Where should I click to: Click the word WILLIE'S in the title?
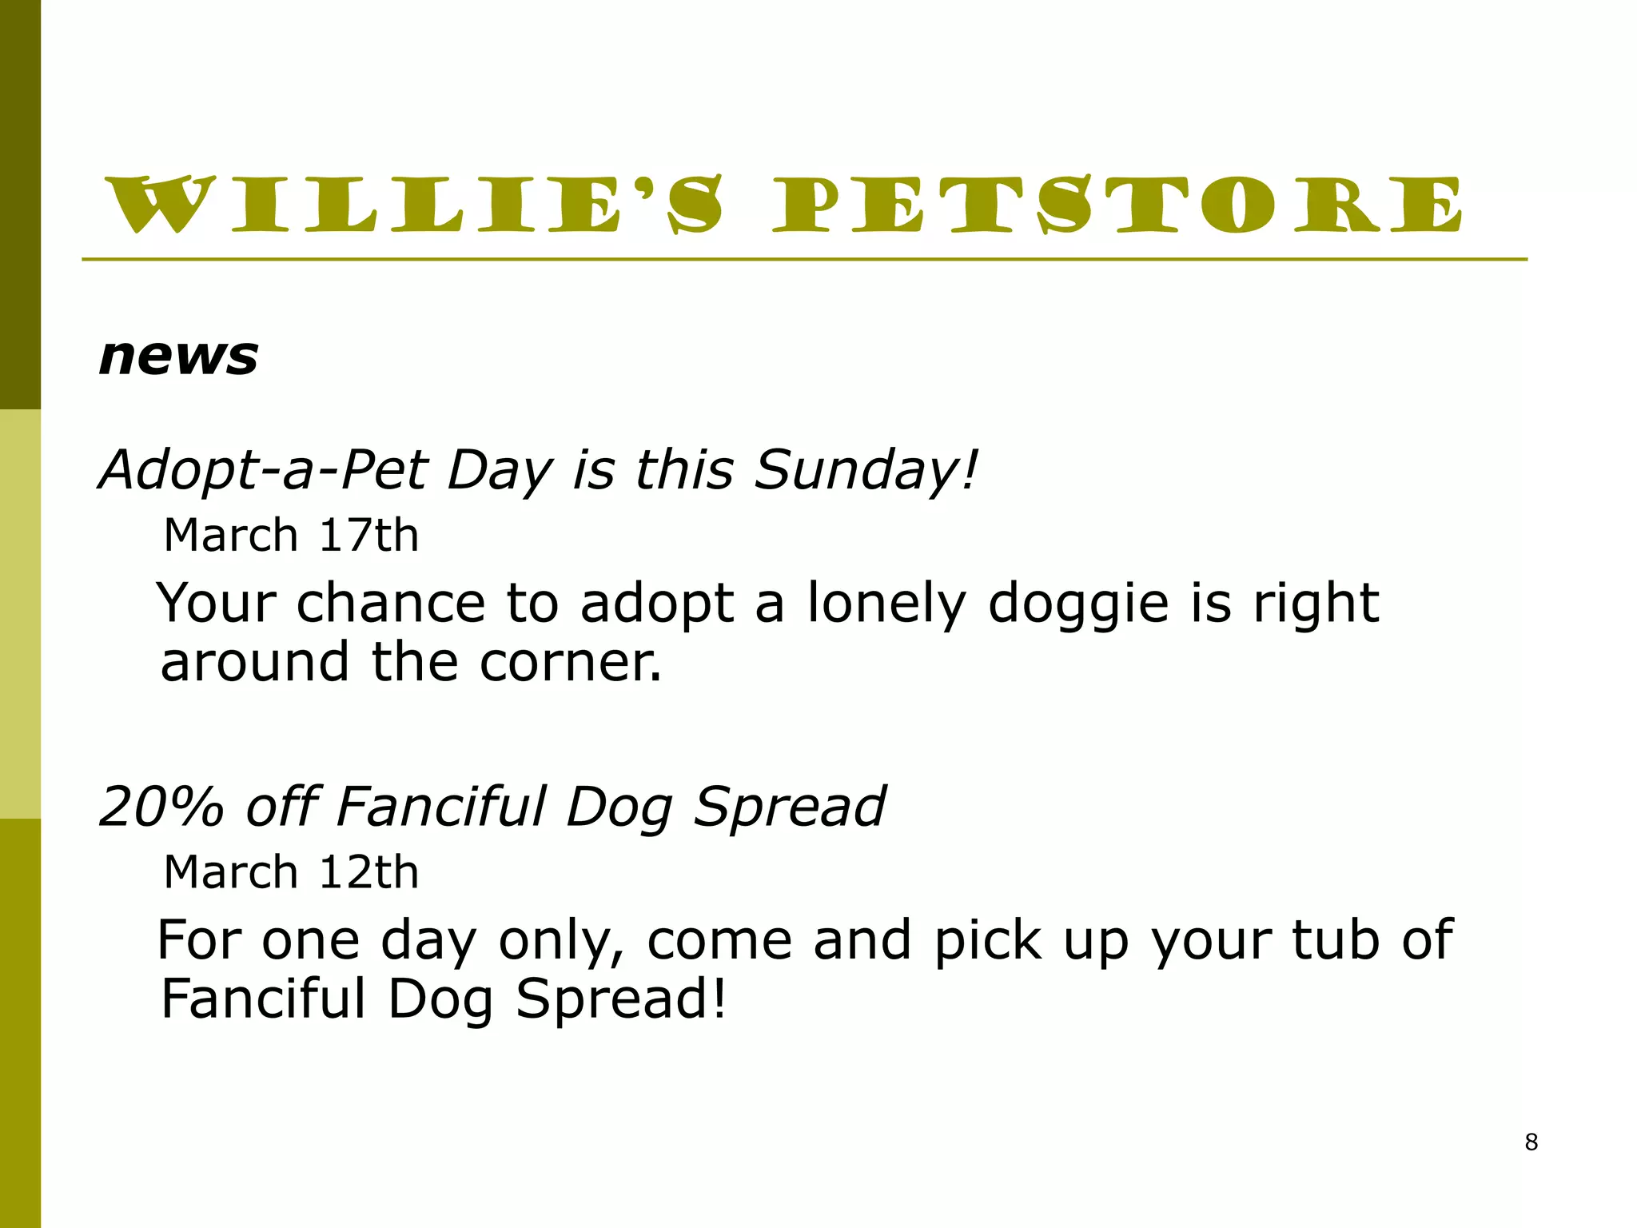coord(416,205)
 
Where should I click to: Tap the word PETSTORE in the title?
coord(1117,205)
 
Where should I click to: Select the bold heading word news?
coord(178,357)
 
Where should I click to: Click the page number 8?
coord(1531,1142)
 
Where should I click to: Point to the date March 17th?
coord(291,535)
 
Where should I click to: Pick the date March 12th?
coord(291,871)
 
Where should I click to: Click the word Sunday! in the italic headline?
coord(866,470)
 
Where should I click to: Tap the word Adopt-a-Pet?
coord(264,470)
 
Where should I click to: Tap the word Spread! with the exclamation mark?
coord(621,999)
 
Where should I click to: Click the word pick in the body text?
coord(988,941)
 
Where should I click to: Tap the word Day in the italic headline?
coord(500,470)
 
